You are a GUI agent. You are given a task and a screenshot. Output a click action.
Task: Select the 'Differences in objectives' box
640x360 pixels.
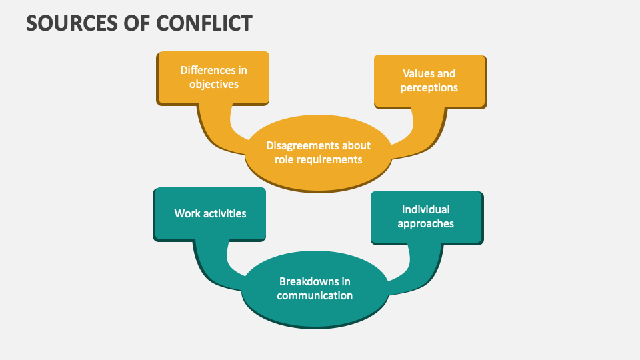(x=213, y=77)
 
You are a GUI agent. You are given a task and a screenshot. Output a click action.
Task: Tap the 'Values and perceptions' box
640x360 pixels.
(x=429, y=81)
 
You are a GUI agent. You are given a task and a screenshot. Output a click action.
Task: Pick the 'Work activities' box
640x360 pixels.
(x=210, y=214)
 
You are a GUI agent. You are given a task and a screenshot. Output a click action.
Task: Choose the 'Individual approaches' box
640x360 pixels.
(x=426, y=217)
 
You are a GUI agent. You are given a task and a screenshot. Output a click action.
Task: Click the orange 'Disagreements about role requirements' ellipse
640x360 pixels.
(x=318, y=153)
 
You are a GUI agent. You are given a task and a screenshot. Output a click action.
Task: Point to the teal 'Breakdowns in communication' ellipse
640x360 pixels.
(x=315, y=289)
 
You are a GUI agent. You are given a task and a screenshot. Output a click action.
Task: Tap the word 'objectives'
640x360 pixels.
(x=213, y=85)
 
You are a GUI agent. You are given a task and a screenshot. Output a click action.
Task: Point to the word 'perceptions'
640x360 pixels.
(x=429, y=88)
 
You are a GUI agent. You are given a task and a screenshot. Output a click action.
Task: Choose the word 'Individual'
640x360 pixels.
(x=426, y=209)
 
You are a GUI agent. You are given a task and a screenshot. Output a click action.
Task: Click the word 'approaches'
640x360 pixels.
(x=426, y=224)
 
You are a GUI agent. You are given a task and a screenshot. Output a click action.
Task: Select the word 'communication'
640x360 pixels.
(x=315, y=296)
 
